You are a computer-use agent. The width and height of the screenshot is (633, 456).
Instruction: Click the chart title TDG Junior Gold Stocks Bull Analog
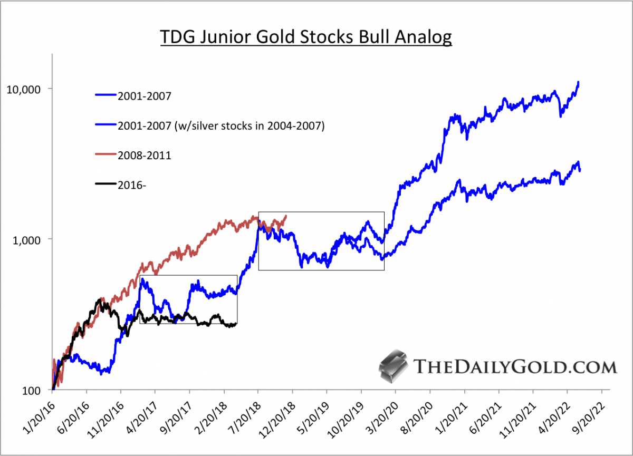[306, 38]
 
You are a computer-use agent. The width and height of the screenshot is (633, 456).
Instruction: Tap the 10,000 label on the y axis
[24, 89]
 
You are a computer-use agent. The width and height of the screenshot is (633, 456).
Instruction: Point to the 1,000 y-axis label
[27, 239]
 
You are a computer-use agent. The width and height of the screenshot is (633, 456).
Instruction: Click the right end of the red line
[286, 215]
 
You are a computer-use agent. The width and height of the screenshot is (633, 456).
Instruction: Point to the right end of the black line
[236, 324]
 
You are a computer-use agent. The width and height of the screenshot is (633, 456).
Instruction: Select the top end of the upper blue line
[579, 82]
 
